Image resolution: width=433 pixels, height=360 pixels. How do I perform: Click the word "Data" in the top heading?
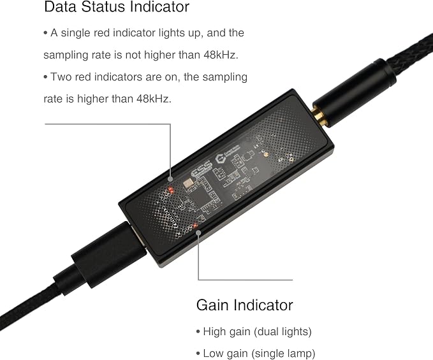point(60,6)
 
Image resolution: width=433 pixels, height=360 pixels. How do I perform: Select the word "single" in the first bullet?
point(75,33)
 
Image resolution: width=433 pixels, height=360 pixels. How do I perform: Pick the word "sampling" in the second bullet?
point(224,77)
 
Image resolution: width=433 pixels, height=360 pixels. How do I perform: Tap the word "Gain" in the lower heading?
point(212,305)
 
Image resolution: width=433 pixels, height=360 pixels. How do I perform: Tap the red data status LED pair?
point(171,190)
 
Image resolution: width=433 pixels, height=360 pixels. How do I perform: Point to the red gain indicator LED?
point(196,226)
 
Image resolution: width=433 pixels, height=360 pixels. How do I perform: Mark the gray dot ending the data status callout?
point(171,179)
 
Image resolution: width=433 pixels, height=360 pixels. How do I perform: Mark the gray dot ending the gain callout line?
point(198,233)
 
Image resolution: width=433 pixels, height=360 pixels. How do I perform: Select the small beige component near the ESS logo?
point(188,183)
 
